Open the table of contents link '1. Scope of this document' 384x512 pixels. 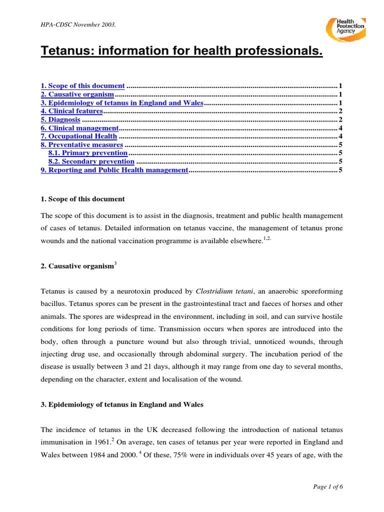click(82, 85)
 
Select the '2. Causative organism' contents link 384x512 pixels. click(77, 94)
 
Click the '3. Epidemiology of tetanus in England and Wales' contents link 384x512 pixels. click(122, 102)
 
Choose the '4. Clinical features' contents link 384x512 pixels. click(71, 111)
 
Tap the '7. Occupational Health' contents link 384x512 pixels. click(79, 136)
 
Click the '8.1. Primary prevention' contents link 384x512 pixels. click(88, 153)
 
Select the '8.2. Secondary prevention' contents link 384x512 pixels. click(91, 161)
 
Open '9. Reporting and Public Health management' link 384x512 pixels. click(113, 170)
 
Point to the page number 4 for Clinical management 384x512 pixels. click(340, 128)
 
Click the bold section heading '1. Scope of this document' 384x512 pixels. click(82, 199)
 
